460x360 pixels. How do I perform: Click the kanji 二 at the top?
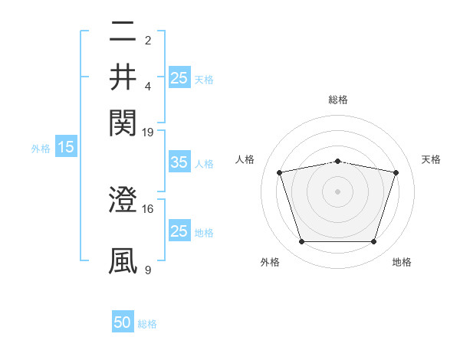[x=123, y=33]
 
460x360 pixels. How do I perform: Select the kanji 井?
[x=123, y=77]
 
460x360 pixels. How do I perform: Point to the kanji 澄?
[x=123, y=201]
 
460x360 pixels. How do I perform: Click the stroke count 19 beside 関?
[x=148, y=131]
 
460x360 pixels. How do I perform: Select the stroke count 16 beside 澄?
[x=148, y=208]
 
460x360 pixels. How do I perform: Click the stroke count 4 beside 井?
[x=148, y=86]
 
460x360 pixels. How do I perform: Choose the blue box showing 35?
[x=179, y=162]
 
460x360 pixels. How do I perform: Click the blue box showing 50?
[x=123, y=322]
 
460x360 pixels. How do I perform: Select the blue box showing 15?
[x=65, y=147]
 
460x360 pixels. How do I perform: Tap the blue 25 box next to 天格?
[x=179, y=77]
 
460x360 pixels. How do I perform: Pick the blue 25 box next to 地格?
[x=179, y=231]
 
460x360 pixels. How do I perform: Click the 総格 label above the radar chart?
[x=338, y=100]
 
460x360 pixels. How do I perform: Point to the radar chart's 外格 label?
[x=270, y=263]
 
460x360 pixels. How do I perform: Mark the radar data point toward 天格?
[x=396, y=173]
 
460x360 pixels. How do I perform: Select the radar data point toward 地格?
[x=373, y=242]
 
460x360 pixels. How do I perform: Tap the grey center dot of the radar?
[x=338, y=191]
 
